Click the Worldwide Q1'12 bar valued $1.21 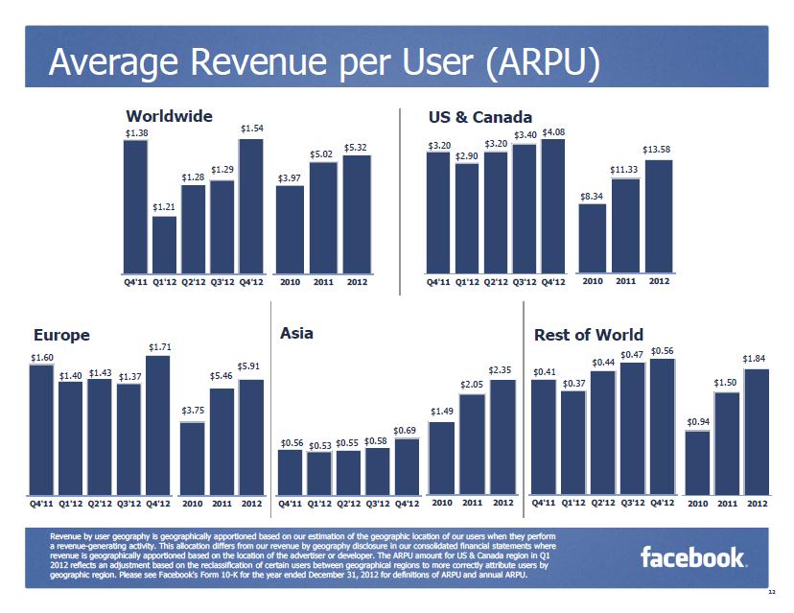[x=164, y=245]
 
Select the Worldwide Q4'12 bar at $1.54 [x=251, y=206]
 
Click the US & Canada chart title [x=479, y=117]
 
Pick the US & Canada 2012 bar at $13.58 [x=658, y=216]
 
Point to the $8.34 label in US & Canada [x=593, y=196]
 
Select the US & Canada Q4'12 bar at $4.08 [x=553, y=206]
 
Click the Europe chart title [x=61, y=335]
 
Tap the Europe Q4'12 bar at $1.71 [x=158, y=424]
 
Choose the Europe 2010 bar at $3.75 [x=193, y=457]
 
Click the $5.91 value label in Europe [x=250, y=365]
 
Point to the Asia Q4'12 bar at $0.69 [x=407, y=465]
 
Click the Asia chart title [x=296, y=334]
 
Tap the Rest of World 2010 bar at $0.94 [x=697, y=461]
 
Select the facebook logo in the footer [x=692, y=556]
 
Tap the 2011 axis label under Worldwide [x=323, y=283]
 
